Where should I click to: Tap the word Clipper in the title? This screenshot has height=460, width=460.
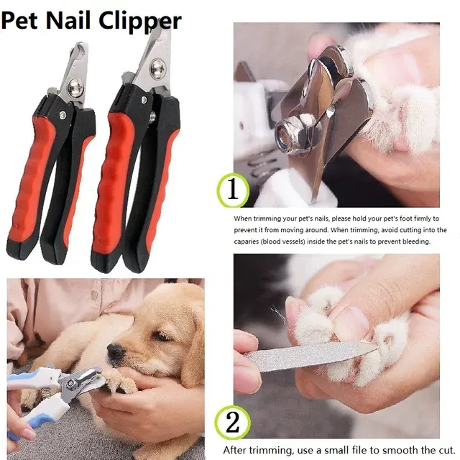pyautogui.click(x=140, y=21)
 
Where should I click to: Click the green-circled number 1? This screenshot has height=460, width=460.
pyautogui.click(x=233, y=190)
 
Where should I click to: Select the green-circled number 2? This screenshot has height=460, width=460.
pyautogui.click(x=233, y=423)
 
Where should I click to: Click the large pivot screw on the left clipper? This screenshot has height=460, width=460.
pyautogui.click(x=75, y=87)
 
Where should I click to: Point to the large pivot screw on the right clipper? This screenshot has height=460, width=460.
pyautogui.click(x=159, y=68)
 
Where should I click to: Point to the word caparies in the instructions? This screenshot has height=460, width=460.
pyautogui.click(x=246, y=241)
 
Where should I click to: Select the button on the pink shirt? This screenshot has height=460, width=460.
pyautogui.click(x=94, y=294)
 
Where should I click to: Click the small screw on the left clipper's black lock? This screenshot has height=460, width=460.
pyautogui.click(x=63, y=115)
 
